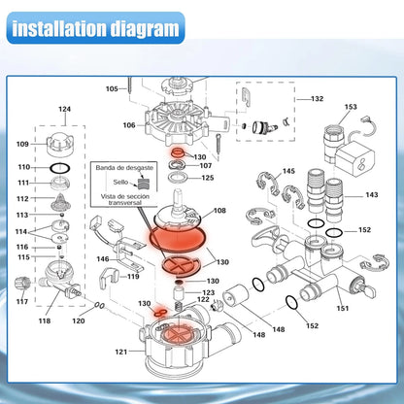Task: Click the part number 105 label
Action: click(x=112, y=88)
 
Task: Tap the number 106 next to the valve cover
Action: click(x=129, y=125)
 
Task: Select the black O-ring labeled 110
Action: click(x=60, y=168)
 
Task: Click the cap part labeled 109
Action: click(x=60, y=144)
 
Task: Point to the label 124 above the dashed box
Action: click(x=64, y=109)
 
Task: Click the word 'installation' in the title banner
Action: click(x=60, y=28)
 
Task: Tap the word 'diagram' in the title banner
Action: click(x=145, y=29)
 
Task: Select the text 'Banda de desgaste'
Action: click(x=124, y=168)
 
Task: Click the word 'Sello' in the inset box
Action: click(x=120, y=182)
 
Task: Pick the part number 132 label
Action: click(x=318, y=99)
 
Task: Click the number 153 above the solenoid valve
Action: click(x=351, y=107)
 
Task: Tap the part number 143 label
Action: click(x=372, y=195)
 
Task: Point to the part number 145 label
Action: click(x=288, y=171)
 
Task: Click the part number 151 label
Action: click(x=343, y=309)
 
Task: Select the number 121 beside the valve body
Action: click(x=121, y=352)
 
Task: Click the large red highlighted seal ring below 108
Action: click(x=178, y=239)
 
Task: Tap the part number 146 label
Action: click(x=103, y=259)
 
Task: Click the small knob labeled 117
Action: click(x=22, y=284)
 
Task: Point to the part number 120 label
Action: click(x=79, y=320)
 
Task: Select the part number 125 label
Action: click(x=208, y=178)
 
